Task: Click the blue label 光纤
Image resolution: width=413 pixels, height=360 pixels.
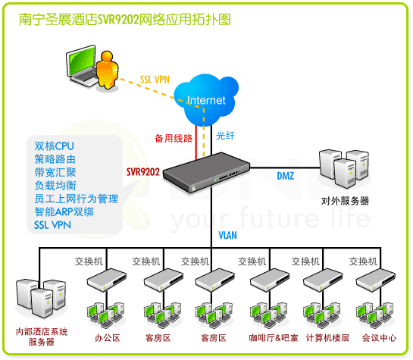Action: (x=226, y=136)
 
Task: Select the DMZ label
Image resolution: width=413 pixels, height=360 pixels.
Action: (x=285, y=177)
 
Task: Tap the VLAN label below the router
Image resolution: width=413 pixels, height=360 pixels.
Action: (x=228, y=236)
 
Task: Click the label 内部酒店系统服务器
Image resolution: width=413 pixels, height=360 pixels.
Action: (x=42, y=337)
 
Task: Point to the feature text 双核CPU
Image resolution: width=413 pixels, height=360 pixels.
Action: (x=55, y=145)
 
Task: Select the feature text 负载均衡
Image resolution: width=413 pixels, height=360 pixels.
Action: (x=55, y=185)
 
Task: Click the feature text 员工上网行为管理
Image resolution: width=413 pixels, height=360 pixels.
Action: (x=76, y=199)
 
